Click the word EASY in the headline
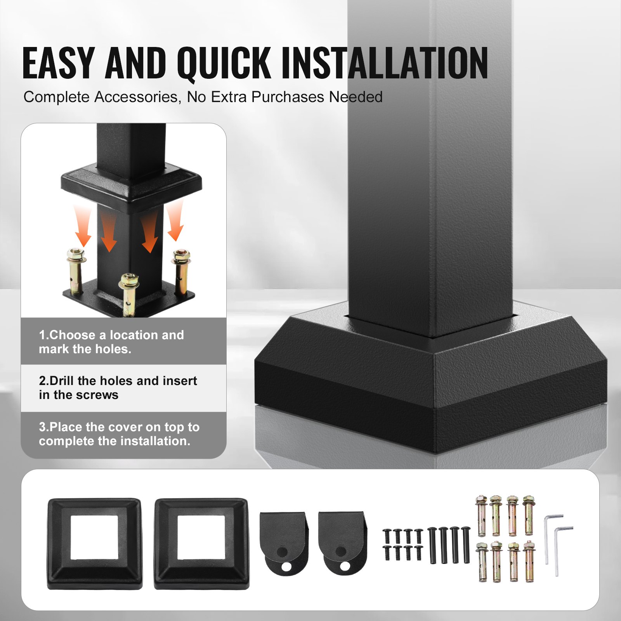coord(59,63)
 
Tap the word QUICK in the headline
coord(224,63)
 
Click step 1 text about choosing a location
coord(111,342)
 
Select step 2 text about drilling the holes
coord(118,387)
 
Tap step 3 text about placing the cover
coord(119,434)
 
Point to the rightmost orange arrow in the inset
coord(175,221)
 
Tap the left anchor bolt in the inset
coord(75,272)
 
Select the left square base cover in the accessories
coord(95,543)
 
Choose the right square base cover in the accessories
coord(201,543)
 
